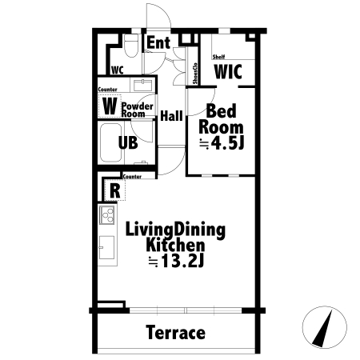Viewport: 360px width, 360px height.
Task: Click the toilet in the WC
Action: (x=131, y=46)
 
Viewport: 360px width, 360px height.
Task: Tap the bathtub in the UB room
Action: (x=111, y=142)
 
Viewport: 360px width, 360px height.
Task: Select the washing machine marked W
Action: (x=110, y=106)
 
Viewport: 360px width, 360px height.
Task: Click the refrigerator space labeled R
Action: (x=114, y=190)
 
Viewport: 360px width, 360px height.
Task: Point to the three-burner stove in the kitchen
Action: (x=107, y=214)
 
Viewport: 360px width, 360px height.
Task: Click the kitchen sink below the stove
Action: (x=107, y=247)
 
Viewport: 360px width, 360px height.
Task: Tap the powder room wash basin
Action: (x=143, y=85)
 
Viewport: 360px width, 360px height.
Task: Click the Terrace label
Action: (x=175, y=333)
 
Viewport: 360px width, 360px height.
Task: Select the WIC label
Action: (x=228, y=71)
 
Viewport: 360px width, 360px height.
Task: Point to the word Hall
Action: (x=171, y=116)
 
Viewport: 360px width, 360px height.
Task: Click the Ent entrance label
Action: (x=158, y=42)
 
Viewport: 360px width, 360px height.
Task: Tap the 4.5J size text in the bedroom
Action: (x=227, y=144)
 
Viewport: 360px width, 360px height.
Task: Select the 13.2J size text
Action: (x=182, y=262)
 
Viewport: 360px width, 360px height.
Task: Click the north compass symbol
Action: (x=325, y=327)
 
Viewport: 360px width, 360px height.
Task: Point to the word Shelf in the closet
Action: (x=218, y=57)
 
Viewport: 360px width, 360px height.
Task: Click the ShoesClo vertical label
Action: (x=195, y=74)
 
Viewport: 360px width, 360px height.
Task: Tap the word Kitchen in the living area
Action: (x=175, y=246)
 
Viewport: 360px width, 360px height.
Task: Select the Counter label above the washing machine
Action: (x=107, y=90)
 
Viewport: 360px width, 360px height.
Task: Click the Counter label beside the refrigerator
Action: (x=132, y=177)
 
